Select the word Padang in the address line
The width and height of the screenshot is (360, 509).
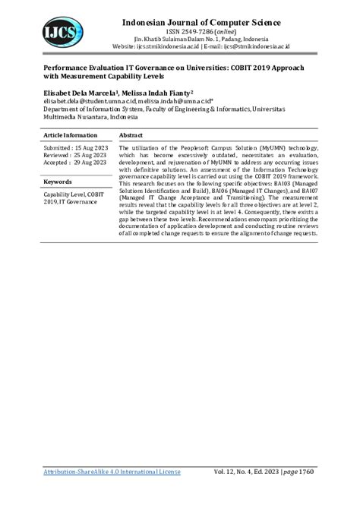pyautogui.click(x=223, y=37)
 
